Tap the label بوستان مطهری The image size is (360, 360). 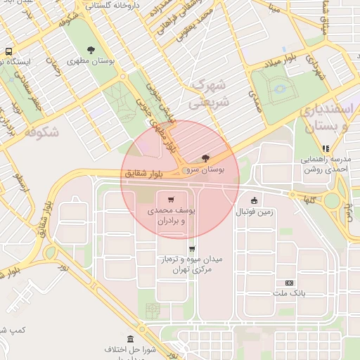(91, 61)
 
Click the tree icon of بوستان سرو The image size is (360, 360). (205, 158)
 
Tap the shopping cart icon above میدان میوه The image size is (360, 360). (192, 248)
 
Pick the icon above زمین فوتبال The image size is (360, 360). (254, 198)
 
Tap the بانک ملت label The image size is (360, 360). (290, 295)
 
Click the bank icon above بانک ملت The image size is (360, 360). (289, 283)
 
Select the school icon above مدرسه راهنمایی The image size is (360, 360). (325, 148)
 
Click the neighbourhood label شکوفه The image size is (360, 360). (40, 131)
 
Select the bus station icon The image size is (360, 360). (8, 51)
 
